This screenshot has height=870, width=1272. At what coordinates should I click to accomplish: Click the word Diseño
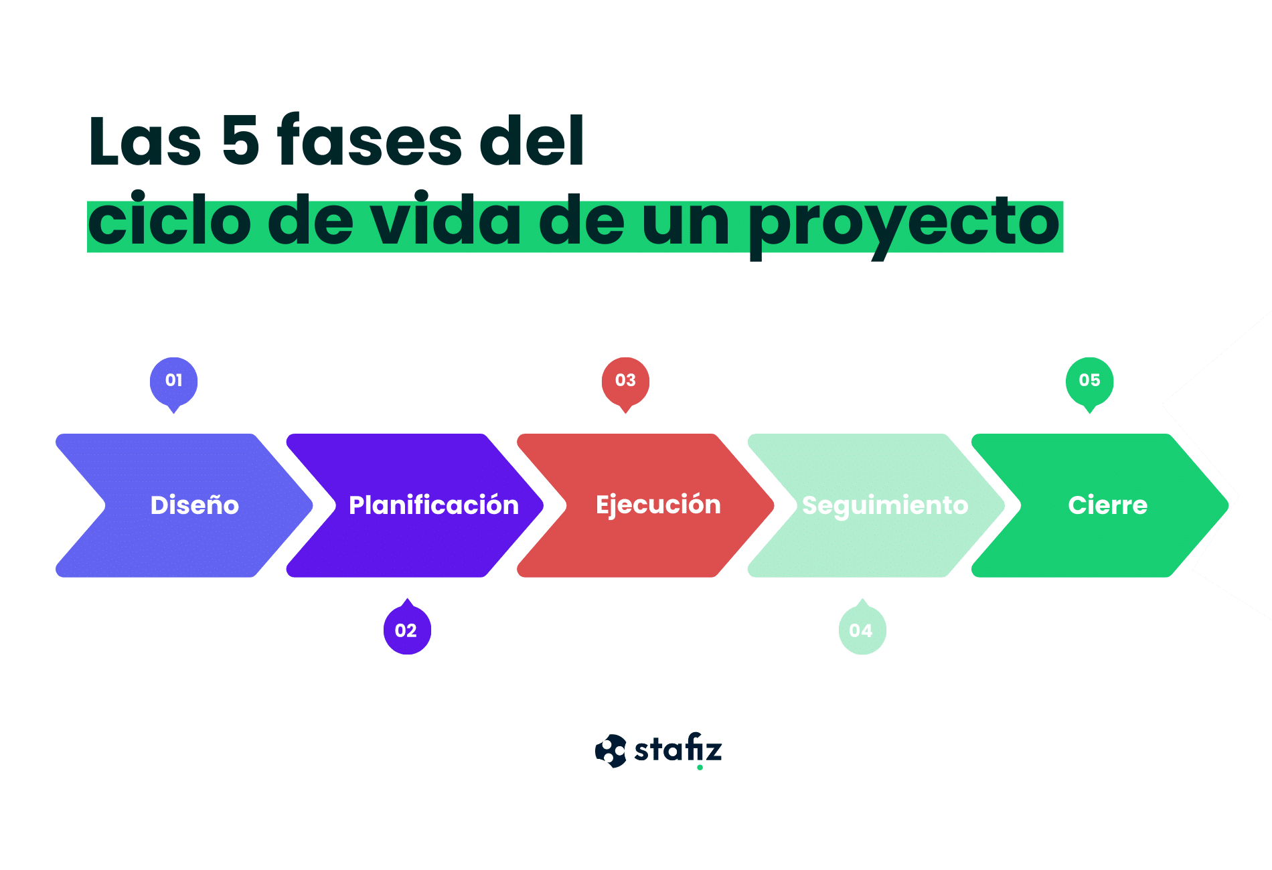click(195, 505)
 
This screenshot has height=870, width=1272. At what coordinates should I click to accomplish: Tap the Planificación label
click(434, 505)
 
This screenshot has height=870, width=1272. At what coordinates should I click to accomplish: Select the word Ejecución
click(658, 505)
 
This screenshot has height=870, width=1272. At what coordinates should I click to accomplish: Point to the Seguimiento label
click(885, 506)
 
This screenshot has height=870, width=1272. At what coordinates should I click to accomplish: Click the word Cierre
click(1108, 505)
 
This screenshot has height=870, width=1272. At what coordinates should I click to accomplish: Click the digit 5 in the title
click(240, 140)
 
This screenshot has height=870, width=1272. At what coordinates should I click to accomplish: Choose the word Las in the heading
click(145, 141)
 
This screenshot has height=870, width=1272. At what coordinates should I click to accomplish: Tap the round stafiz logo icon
click(611, 751)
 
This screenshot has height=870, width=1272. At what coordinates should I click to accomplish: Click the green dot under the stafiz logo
click(700, 768)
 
